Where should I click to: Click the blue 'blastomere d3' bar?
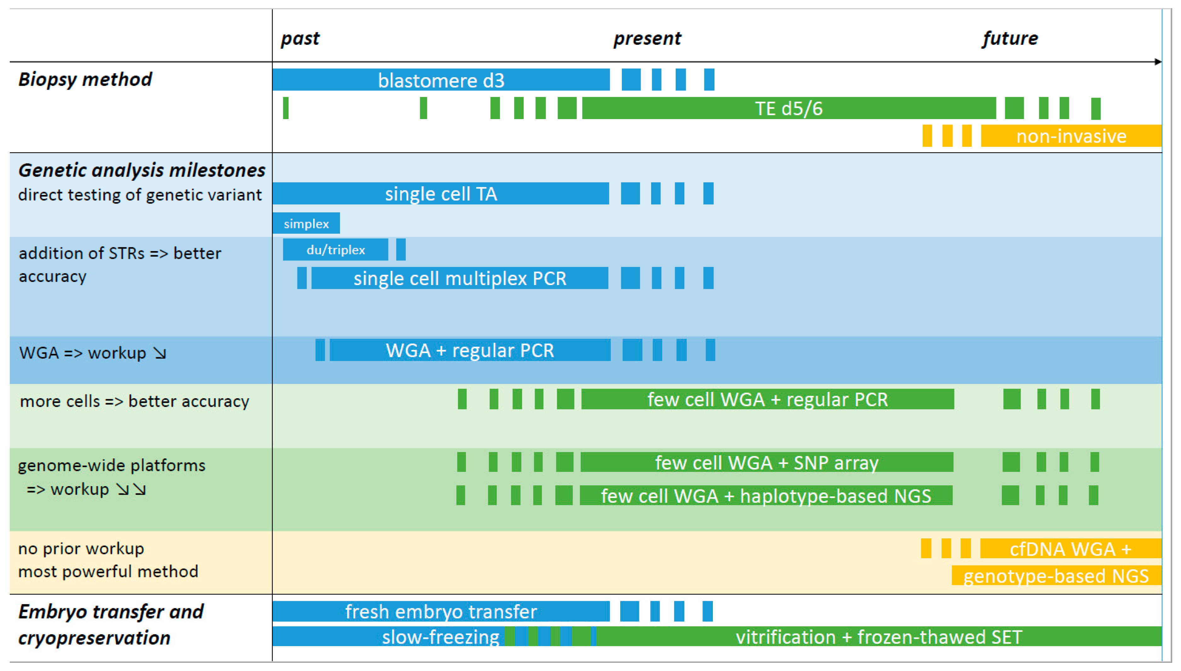click(441, 80)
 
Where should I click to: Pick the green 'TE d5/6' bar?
click(788, 109)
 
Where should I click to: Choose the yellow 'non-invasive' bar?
click(1071, 136)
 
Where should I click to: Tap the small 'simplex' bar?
click(306, 224)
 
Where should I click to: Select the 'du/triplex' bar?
click(335, 250)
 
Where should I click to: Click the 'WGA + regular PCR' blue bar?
click(470, 350)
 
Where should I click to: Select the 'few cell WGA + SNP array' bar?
click(767, 462)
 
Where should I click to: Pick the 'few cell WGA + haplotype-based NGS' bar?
click(766, 496)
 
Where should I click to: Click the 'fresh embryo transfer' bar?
click(441, 611)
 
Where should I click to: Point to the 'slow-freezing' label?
click(440, 637)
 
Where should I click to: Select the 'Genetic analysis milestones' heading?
click(141, 170)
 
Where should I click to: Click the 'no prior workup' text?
click(81, 548)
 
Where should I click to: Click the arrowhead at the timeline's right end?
click(1158, 62)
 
